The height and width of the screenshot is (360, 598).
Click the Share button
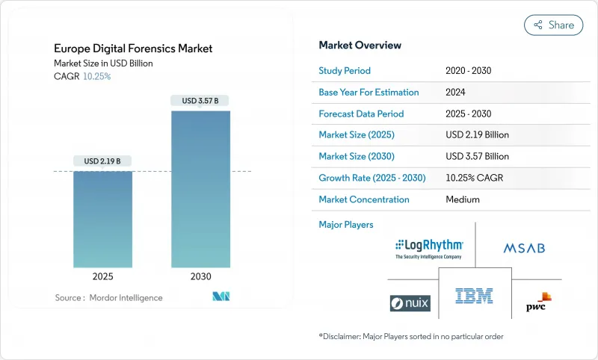pos(554,25)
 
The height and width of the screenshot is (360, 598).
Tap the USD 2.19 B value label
pos(103,161)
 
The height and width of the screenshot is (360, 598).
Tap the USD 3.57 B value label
pos(200,100)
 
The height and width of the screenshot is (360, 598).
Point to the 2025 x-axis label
pos(103,276)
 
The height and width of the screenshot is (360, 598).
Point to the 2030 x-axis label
pos(200,276)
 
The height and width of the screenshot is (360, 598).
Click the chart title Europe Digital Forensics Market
pos(133,49)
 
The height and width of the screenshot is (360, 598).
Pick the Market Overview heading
pos(360,46)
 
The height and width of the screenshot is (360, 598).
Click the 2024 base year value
pos(456,93)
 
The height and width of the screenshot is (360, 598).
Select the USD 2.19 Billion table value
pos(477,135)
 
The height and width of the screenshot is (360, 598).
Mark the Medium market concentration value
pos(462,199)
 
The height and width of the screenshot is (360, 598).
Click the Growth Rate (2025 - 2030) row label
pos(373,179)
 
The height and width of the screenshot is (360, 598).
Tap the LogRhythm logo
pos(429,248)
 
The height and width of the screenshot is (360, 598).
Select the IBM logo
pos(474,296)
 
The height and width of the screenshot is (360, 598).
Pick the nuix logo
pos(410,303)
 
